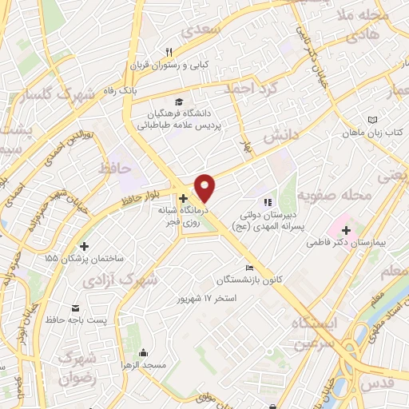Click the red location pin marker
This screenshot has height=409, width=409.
click(x=205, y=188)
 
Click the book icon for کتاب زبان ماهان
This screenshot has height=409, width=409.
click(x=371, y=120)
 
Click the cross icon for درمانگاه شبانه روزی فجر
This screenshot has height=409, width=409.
click(x=183, y=198)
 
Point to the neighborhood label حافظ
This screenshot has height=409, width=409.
click(x=115, y=168)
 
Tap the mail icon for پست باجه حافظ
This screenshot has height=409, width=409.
click(x=75, y=308)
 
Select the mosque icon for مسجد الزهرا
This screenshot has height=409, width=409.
click(x=143, y=352)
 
